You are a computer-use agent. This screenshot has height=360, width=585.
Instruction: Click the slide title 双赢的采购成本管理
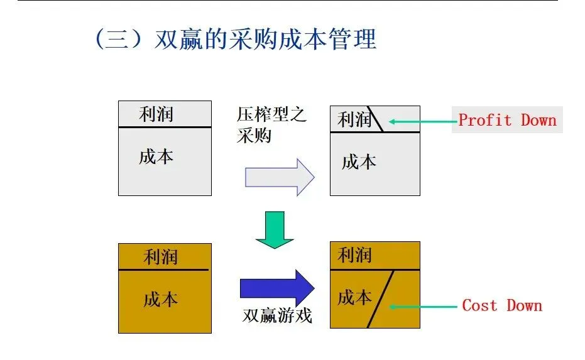point(236,39)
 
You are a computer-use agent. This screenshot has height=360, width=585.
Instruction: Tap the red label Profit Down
point(507,120)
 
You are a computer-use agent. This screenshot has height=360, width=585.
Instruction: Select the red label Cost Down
point(502,306)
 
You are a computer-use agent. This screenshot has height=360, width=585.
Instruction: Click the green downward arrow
point(275,229)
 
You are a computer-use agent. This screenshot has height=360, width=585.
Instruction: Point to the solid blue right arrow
point(276,288)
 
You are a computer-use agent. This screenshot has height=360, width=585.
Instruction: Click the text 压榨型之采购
point(271,124)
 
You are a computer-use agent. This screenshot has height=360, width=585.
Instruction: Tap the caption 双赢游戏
point(277,316)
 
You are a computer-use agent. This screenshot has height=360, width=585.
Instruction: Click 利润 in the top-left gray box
point(156,114)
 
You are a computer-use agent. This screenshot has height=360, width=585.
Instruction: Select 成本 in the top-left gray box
point(156,156)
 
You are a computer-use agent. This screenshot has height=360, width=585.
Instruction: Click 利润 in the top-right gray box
point(354,119)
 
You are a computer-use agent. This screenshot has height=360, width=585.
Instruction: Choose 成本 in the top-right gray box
point(359,161)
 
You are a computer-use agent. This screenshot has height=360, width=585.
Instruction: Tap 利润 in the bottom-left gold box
point(161,256)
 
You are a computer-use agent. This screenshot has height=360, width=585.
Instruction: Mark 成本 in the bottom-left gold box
point(161,300)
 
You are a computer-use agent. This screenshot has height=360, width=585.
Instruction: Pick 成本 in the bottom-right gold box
point(354,297)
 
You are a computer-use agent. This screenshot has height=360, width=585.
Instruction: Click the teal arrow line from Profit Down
point(421,120)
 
